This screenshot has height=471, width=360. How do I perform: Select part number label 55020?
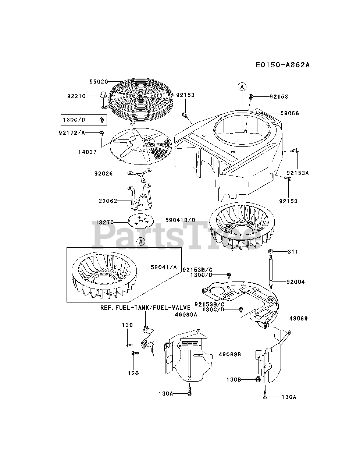tap(98, 81)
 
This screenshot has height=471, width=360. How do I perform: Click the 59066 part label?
tap(289, 113)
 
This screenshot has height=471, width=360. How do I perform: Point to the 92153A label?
tap(297, 172)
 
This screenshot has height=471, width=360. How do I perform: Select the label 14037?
tap(88, 152)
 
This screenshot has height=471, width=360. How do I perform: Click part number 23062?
tap(108, 201)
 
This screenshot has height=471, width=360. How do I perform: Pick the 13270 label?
tap(105, 223)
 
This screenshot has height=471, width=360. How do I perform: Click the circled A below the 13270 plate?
tap(141, 241)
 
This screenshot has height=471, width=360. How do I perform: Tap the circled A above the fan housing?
tap(242, 87)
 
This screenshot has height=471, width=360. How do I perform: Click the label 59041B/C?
tap(180, 220)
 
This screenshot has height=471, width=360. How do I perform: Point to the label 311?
tap(293, 252)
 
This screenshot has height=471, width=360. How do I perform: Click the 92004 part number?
tap(296, 282)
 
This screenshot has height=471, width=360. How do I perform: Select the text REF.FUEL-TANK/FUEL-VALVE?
tap(146, 308)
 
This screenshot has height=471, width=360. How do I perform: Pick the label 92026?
tap(103, 173)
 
